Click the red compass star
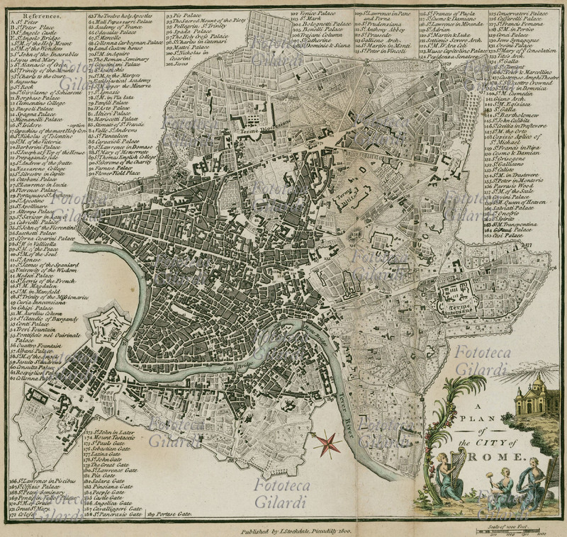point(327,443)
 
